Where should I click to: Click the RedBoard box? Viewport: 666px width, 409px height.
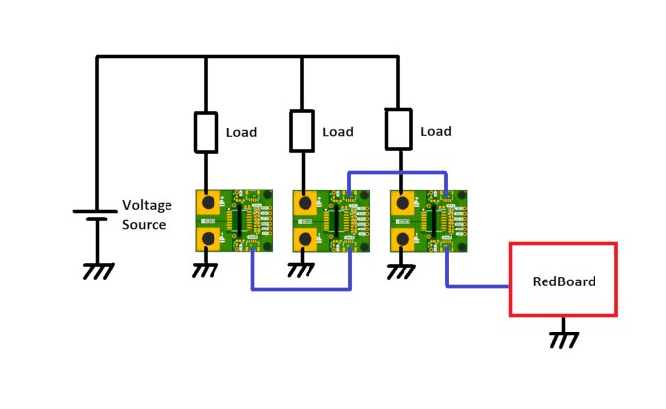pyautogui.click(x=563, y=281)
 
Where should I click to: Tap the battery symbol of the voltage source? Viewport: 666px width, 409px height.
pyautogui.click(x=96, y=214)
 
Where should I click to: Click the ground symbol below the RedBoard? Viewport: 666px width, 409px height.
pyautogui.click(x=563, y=338)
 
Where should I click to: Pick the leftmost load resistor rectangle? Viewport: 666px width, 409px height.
pyautogui.click(x=206, y=132)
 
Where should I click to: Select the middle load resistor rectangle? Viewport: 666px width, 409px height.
pyautogui.click(x=302, y=132)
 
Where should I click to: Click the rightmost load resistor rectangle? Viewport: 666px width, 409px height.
pyautogui.click(x=398, y=128)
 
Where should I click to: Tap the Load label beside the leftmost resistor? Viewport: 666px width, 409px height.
pyautogui.click(x=241, y=132)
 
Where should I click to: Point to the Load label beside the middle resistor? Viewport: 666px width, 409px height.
pyautogui.click(x=337, y=132)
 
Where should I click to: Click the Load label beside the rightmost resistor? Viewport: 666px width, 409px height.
pyautogui.click(x=436, y=131)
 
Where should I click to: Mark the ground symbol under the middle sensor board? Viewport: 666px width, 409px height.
pyautogui.click(x=303, y=268)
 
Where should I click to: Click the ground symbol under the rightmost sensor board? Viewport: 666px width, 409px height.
pyautogui.click(x=399, y=268)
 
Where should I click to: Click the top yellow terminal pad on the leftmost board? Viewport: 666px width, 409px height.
pyautogui.click(x=209, y=202)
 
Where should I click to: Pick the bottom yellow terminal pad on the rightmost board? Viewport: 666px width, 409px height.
pyautogui.click(x=402, y=238)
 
